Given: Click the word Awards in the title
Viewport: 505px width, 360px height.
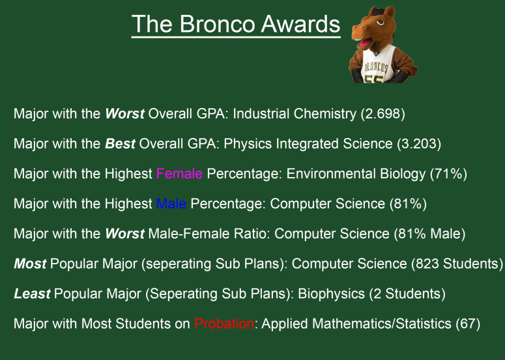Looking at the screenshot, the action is tap(300, 24).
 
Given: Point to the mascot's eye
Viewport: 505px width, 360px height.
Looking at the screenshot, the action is tap(381, 23).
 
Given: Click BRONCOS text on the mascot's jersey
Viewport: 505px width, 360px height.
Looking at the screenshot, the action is tap(375, 67).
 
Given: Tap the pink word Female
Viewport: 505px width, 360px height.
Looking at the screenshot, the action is tap(179, 174).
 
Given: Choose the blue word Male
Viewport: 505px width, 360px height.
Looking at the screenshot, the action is tap(171, 204).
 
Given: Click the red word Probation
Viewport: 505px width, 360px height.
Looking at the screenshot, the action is tap(224, 324).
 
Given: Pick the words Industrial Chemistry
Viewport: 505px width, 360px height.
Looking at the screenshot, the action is tap(295, 114).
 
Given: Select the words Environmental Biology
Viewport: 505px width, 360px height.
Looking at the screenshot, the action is tap(356, 174).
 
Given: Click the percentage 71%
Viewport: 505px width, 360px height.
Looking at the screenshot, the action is tap(448, 174).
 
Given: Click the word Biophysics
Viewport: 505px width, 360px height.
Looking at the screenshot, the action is tap(332, 294).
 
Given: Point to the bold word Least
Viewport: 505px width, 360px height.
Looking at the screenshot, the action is tap(32, 294).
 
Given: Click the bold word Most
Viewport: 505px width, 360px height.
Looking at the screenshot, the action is tap(30, 264).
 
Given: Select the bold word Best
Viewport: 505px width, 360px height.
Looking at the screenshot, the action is tap(120, 144).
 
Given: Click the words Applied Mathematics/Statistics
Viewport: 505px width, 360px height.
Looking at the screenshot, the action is tap(356, 324).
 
